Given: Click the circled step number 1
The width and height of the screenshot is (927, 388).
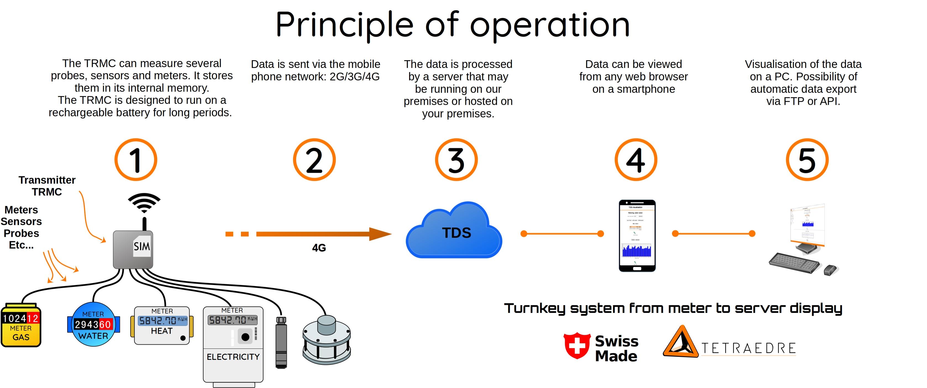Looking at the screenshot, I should (136, 159).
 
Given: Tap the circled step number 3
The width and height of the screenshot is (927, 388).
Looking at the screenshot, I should (456, 159).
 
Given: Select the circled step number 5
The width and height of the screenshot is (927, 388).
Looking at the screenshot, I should (807, 159).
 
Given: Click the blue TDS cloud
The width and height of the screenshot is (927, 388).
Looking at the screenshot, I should (454, 232).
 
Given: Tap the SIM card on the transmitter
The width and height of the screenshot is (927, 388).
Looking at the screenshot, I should (142, 246).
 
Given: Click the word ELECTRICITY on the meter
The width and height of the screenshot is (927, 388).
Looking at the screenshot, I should (233, 357).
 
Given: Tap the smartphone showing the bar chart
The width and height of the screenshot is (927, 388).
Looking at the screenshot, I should (637, 236).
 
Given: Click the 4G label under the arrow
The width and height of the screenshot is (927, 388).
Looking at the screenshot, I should (319, 248).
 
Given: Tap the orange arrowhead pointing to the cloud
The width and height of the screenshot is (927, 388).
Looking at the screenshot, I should (380, 234).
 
